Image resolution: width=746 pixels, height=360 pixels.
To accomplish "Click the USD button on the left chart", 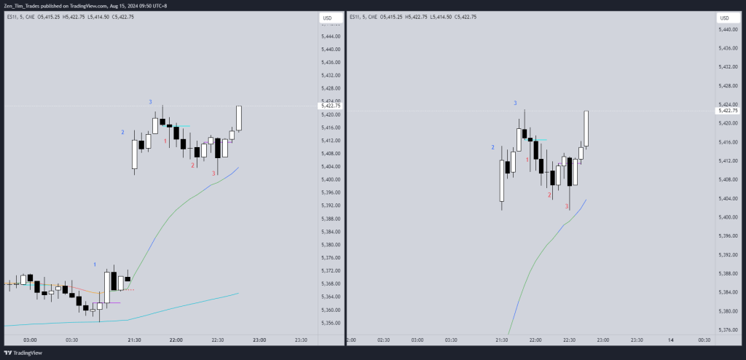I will (327, 18).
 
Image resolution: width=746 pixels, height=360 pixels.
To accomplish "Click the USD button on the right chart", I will (725, 18).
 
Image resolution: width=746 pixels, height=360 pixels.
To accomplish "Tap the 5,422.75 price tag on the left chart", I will (331, 106).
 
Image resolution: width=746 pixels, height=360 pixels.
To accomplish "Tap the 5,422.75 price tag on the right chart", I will (729, 111).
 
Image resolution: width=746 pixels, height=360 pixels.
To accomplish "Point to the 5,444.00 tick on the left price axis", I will (331, 36).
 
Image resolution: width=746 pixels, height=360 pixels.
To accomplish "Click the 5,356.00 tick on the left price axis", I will (331, 323).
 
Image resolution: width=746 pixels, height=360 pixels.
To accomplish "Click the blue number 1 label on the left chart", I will (95, 263).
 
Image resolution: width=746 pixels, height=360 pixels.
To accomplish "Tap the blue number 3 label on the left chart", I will (150, 102).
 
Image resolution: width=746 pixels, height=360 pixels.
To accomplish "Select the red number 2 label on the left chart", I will (192, 165).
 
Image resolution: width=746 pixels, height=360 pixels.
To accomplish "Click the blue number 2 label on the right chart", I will (492, 147).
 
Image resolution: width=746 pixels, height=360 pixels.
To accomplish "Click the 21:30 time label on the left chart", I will (134, 340).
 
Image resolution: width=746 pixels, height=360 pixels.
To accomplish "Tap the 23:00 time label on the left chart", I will (259, 340).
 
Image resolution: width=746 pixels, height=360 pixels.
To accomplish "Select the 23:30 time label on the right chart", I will (636, 340).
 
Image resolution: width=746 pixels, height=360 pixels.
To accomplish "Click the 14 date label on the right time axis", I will (670, 340).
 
